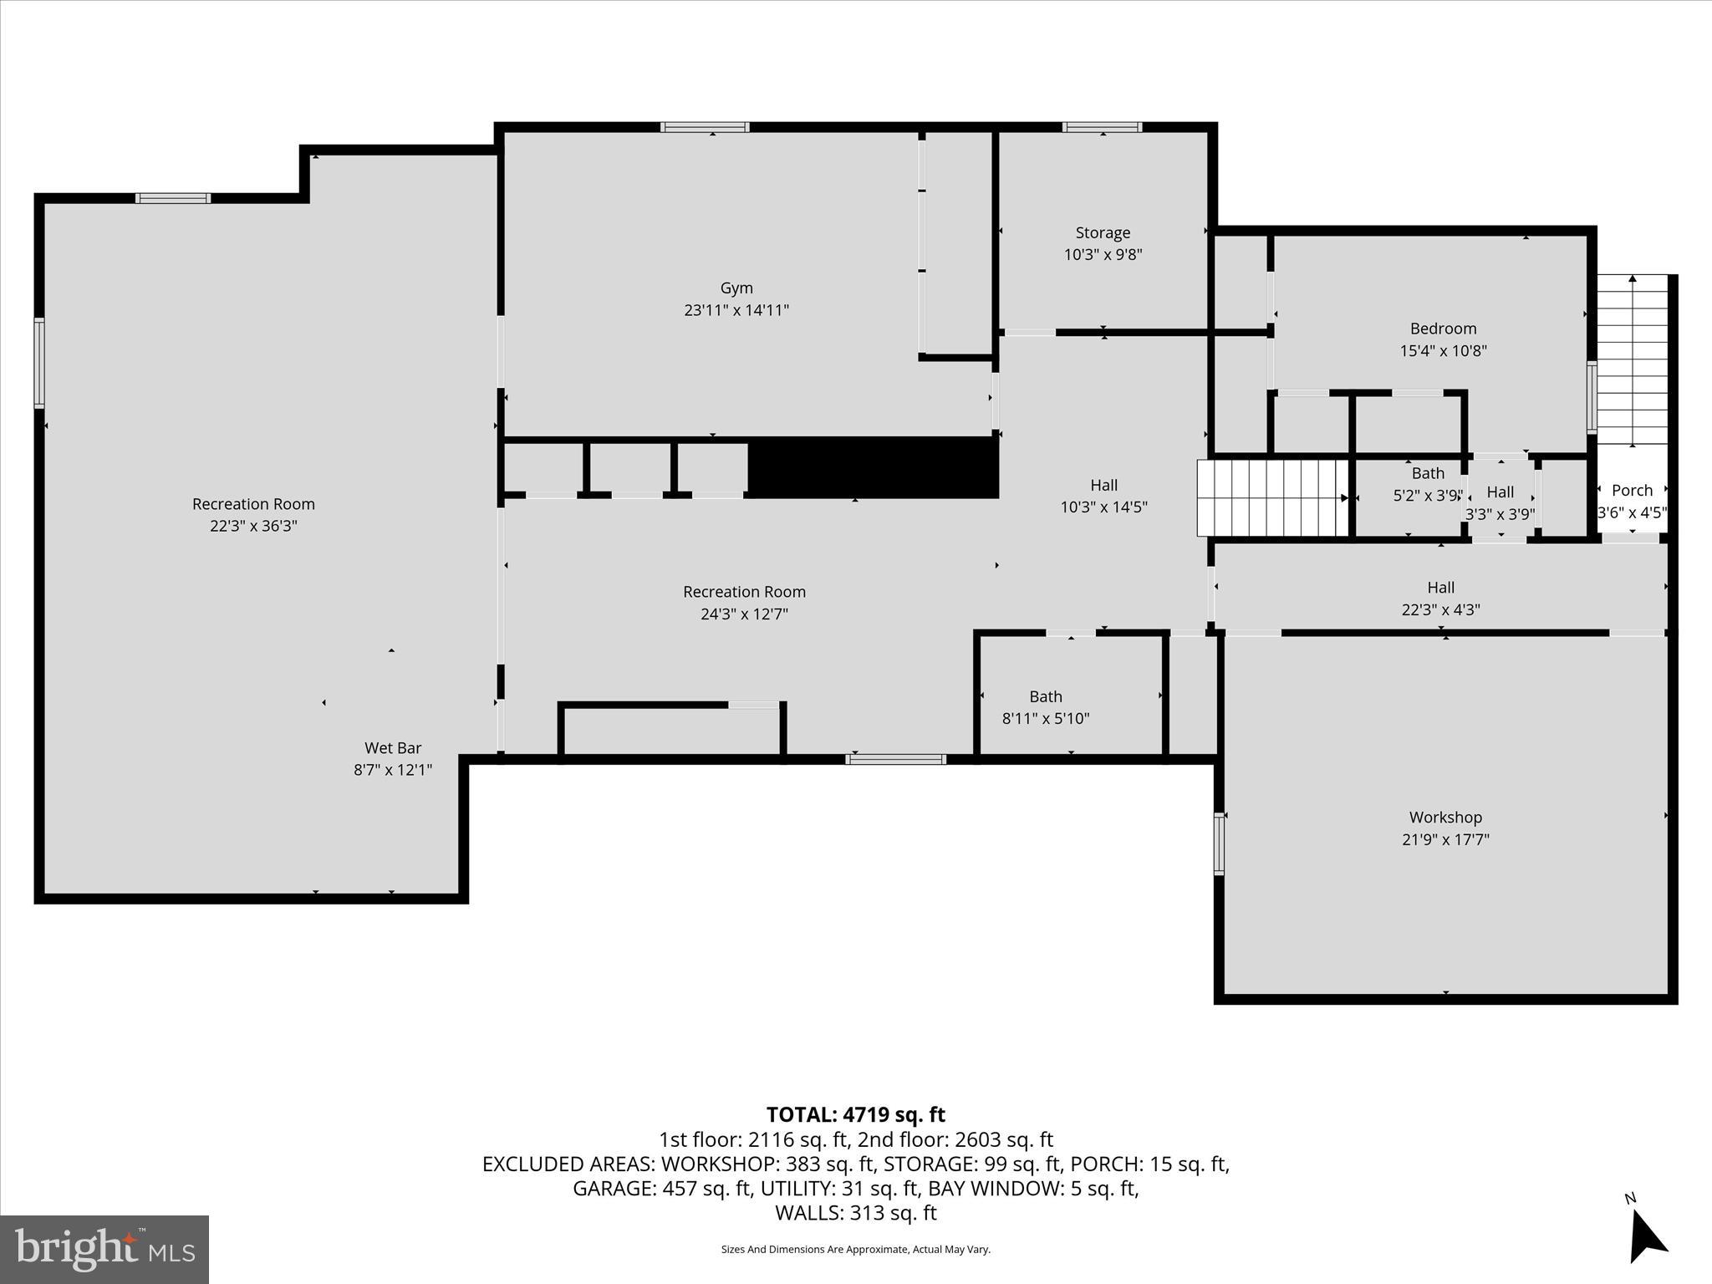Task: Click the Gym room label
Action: (736, 288)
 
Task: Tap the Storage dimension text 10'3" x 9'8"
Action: (1103, 255)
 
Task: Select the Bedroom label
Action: (1443, 329)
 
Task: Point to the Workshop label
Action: (1444, 818)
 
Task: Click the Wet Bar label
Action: (392, 748)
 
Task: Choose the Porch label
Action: (1632, 491)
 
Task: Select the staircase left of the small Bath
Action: (1271, 497)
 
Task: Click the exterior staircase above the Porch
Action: (1633, 359)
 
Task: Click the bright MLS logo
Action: (104, 1249)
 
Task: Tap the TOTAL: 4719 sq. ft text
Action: (855, 1114)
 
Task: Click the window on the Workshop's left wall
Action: (1219, 844)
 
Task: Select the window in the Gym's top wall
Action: (704, 127)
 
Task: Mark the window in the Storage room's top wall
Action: (1102, 127)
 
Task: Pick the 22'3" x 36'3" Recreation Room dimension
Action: (253, 526)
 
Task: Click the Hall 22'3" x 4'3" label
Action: (1440, 599)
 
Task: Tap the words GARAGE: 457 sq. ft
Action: (661, 1188)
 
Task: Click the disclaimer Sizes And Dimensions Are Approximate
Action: (855, 1249)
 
